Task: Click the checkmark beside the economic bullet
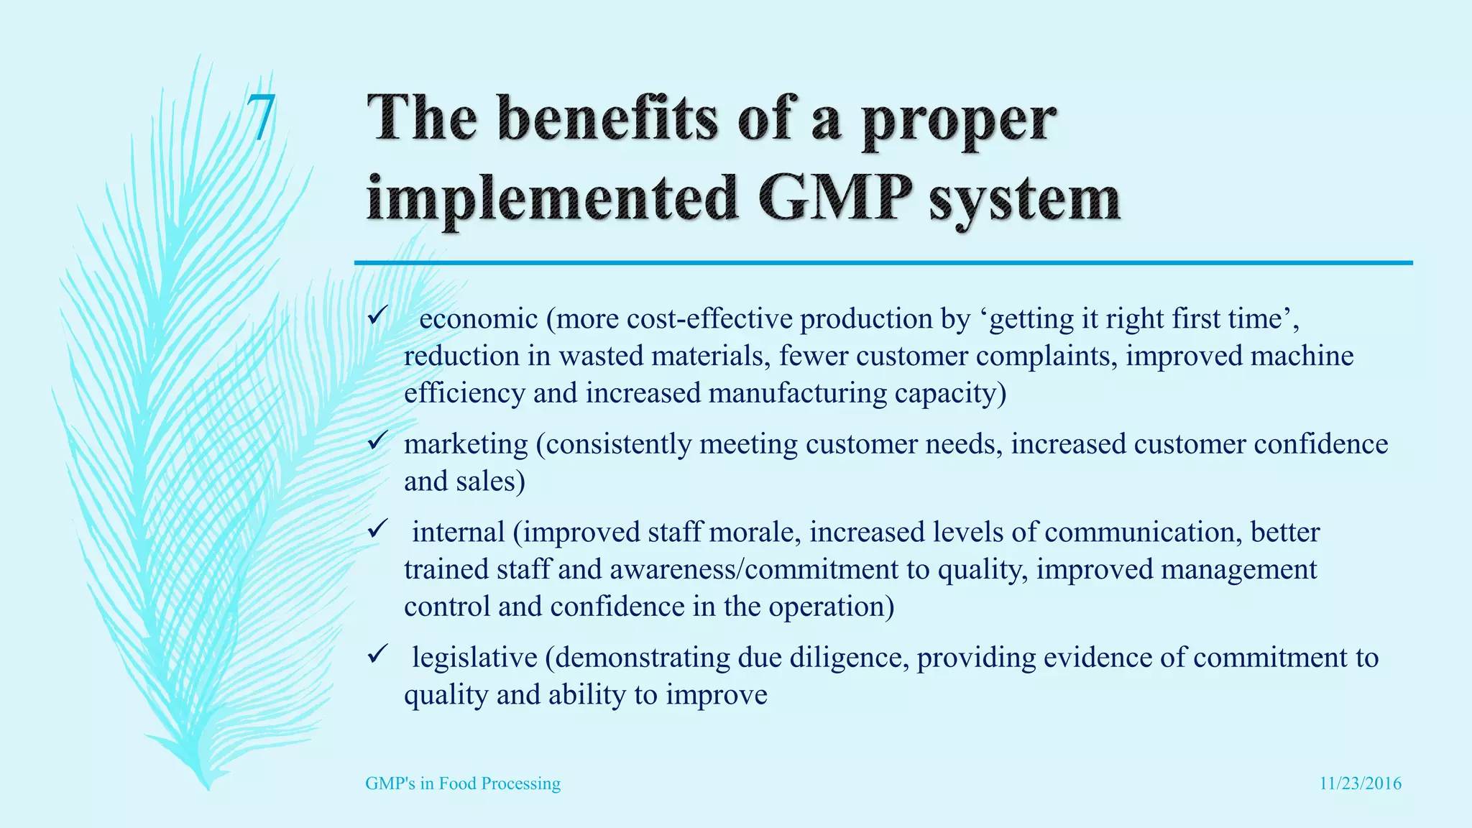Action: click(x=378, y=316)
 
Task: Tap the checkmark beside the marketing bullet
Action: click(x=378, y=441)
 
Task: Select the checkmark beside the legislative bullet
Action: click(x=378, y=654)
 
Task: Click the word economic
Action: click(x=478, y=318)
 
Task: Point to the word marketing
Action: click(x=466, y=444)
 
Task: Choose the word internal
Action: click(x=458, y=533)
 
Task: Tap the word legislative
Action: click(x=474, y=658)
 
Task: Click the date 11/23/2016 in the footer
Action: click(x=1360, y=783)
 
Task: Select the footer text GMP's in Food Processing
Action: click(x=463, y=783)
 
